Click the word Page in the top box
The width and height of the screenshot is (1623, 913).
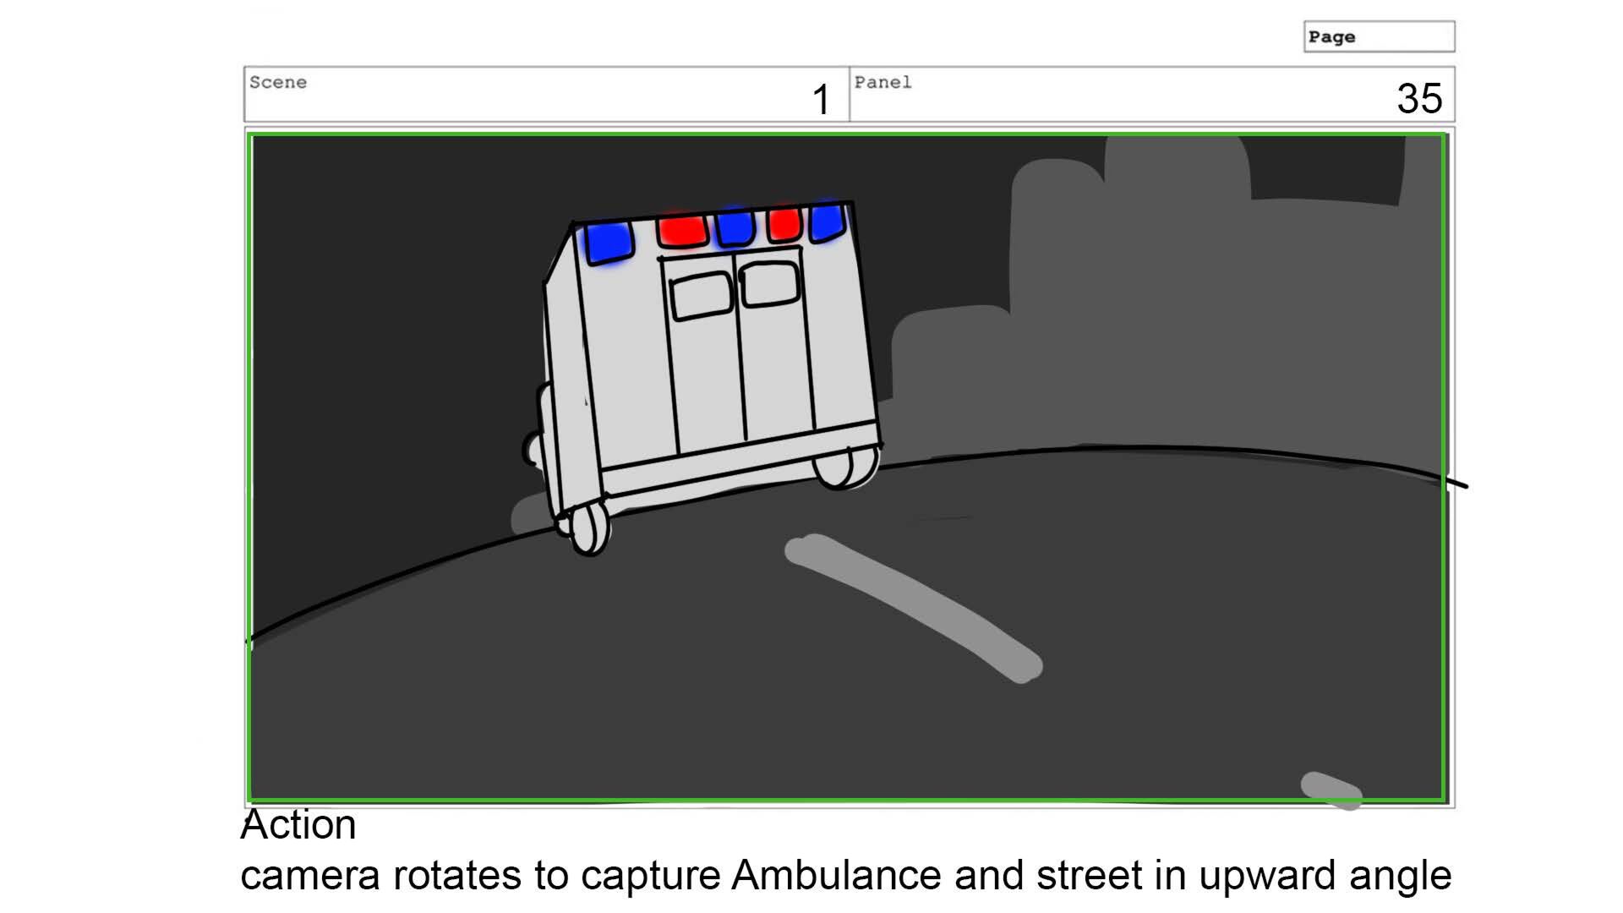click(1331, 37)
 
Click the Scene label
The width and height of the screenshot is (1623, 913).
click(278, 83)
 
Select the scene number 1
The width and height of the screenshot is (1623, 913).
click(821, 100)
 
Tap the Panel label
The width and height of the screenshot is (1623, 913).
click(883, 83)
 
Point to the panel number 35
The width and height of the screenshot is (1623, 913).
click(1419, 99)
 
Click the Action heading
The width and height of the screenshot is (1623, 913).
click(298, 824)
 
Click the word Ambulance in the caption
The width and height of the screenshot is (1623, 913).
click(836, 875)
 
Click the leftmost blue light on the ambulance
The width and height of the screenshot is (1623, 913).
click(608, 242)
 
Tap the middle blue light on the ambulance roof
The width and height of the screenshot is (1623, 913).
click(734, 228)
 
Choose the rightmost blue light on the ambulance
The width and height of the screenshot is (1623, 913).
click(827, 221)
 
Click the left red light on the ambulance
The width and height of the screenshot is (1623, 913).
click(681, 231)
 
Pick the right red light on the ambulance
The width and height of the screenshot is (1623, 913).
click(784, 224)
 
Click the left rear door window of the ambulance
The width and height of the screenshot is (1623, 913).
click(701, 296)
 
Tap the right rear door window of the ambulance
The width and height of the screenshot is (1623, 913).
click(769, 285)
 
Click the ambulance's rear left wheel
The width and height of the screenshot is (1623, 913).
click(588, 530)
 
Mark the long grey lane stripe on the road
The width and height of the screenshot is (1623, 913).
click(914, 608)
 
